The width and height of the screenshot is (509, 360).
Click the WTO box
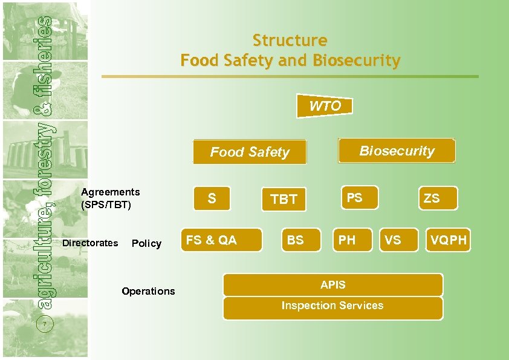[325, 106]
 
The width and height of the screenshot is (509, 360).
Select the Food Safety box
[250, 152]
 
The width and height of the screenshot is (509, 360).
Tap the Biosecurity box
[397, 151]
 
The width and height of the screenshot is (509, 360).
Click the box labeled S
[212, 198]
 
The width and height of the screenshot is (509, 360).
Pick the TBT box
[284, 199]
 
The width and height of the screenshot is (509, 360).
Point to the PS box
[359, 197]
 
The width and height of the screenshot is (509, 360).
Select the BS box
[300, 240]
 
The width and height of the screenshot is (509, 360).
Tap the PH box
[351, 240]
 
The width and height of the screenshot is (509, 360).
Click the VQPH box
[448, 240]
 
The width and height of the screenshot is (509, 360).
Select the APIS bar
[333, 285]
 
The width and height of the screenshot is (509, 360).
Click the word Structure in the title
[290, 41]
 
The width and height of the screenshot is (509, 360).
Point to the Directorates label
[91, 243]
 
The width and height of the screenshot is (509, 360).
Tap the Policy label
[146, 243]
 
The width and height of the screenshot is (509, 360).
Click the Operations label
[148, 291]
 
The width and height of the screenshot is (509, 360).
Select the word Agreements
[111, 192]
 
